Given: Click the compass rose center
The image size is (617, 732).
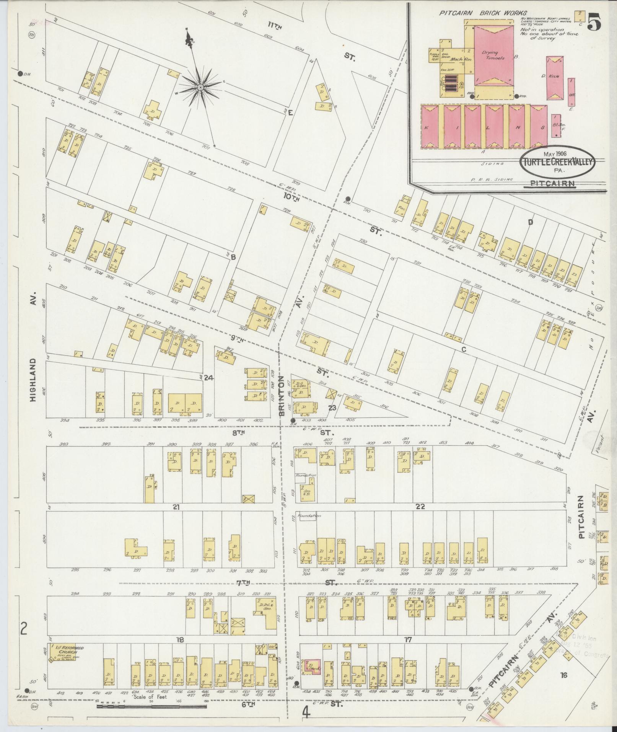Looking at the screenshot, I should coord(200,88).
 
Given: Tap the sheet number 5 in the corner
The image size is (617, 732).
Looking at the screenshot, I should coord(594,23).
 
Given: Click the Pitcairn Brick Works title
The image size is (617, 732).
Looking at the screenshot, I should coord(483,13).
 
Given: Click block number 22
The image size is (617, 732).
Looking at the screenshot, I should coord(420,507).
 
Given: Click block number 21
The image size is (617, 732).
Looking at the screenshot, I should coord(176,507).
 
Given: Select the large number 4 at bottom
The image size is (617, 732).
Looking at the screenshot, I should coord(306,713).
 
